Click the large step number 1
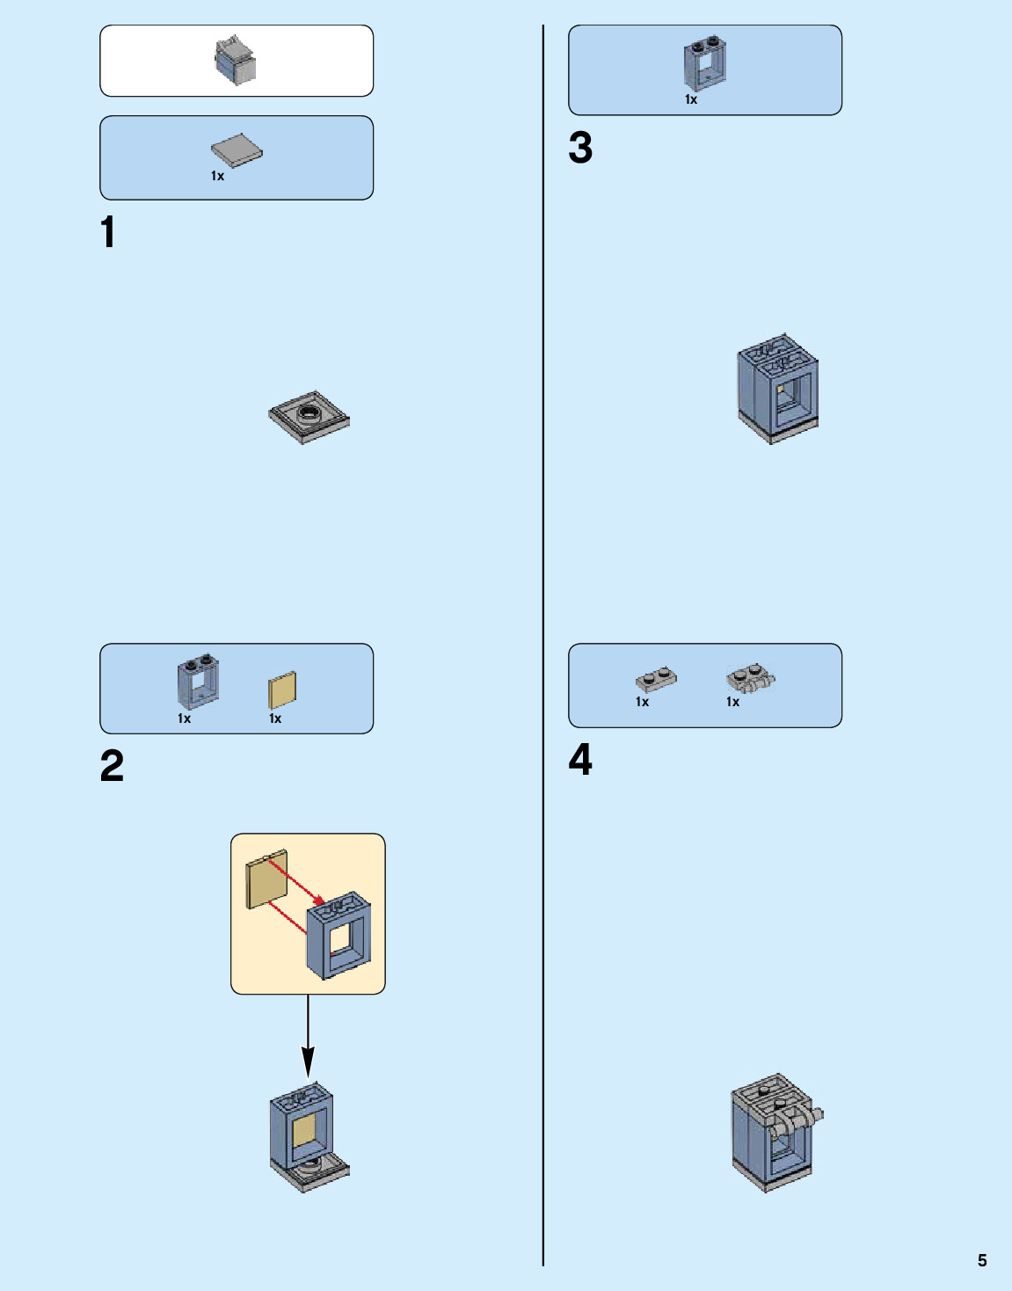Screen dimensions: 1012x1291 (108, 233)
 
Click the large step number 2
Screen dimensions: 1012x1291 (112, 766)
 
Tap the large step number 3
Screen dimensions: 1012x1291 (580, 148)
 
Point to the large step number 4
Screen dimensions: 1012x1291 (580, 760)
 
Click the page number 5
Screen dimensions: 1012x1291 (982, 1260)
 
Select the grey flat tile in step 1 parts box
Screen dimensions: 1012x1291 (237, 150)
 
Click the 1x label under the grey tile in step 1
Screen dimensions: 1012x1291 (217, 177)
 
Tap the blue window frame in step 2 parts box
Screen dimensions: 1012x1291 (198, 682)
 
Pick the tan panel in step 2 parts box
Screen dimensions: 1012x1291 (282, 689)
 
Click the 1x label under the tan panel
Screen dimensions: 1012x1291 (275, 719)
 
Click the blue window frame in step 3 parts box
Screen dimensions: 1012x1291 (705, 64)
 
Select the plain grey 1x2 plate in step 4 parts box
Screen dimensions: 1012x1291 (656, 679)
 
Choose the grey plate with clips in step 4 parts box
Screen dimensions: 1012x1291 (751, 678)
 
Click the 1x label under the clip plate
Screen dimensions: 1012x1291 (732, 702)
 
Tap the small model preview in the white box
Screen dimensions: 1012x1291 (236, 60)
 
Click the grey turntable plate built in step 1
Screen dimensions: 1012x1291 (309, 417)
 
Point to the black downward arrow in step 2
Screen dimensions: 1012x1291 (308, 1038)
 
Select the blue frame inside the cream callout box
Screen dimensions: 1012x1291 (339, 937)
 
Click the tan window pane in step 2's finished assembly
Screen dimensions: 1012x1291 (305, 1132)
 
